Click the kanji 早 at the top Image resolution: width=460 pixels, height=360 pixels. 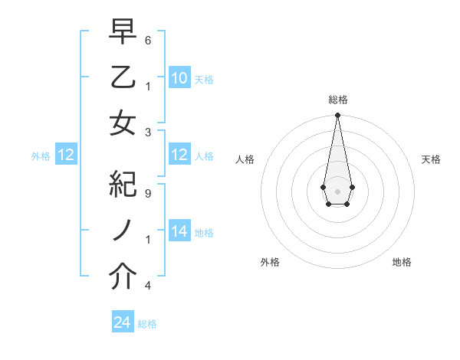[123, 33]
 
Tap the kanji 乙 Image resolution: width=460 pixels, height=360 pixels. [123, 77]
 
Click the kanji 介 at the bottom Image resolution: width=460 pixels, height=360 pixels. [123, 277]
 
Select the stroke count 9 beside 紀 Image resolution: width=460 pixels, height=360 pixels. [147, 194]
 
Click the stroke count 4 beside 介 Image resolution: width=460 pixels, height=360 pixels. [147, 286]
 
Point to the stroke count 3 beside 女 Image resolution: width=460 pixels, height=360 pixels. [147, 132]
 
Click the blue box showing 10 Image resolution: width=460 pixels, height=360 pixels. [179, 78]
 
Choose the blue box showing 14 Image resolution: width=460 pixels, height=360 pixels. [179, 232]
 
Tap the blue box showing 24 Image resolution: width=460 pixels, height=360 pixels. [123, 323]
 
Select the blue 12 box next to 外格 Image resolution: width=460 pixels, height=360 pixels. [66, 155]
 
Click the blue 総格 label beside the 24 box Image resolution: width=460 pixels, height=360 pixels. [147, 324]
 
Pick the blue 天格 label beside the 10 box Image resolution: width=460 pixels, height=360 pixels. [204, 79]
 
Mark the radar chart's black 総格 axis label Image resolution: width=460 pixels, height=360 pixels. [337, 100]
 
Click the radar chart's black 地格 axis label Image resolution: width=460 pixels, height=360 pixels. [402, 262]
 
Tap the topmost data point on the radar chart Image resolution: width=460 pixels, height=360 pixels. [337, 116]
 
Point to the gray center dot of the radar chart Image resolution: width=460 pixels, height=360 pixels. [337, 191]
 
